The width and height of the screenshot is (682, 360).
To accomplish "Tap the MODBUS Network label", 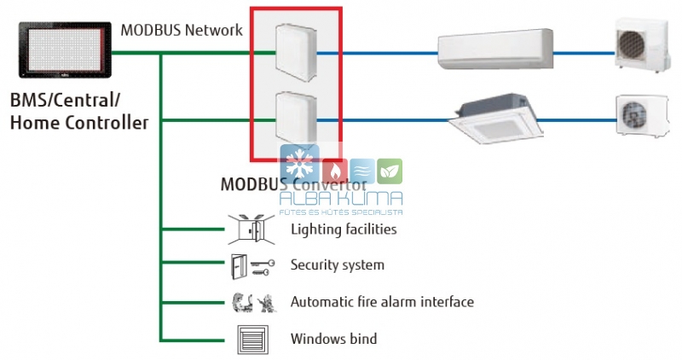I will click(182, 30).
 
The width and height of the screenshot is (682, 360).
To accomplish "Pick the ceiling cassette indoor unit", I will click(500, 120).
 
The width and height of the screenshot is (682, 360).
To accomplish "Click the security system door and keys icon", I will click(251, 265).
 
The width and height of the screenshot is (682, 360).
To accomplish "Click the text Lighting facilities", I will click(343, 229).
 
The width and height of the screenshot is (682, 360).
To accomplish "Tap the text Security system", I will click(337, 265).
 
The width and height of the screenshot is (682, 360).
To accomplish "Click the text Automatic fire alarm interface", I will click(381, 302).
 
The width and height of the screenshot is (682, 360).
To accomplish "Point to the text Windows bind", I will click(333, 340).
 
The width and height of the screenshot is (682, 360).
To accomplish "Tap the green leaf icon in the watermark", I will click(390, 171).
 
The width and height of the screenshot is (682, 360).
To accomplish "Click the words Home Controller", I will click(78, 123).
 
